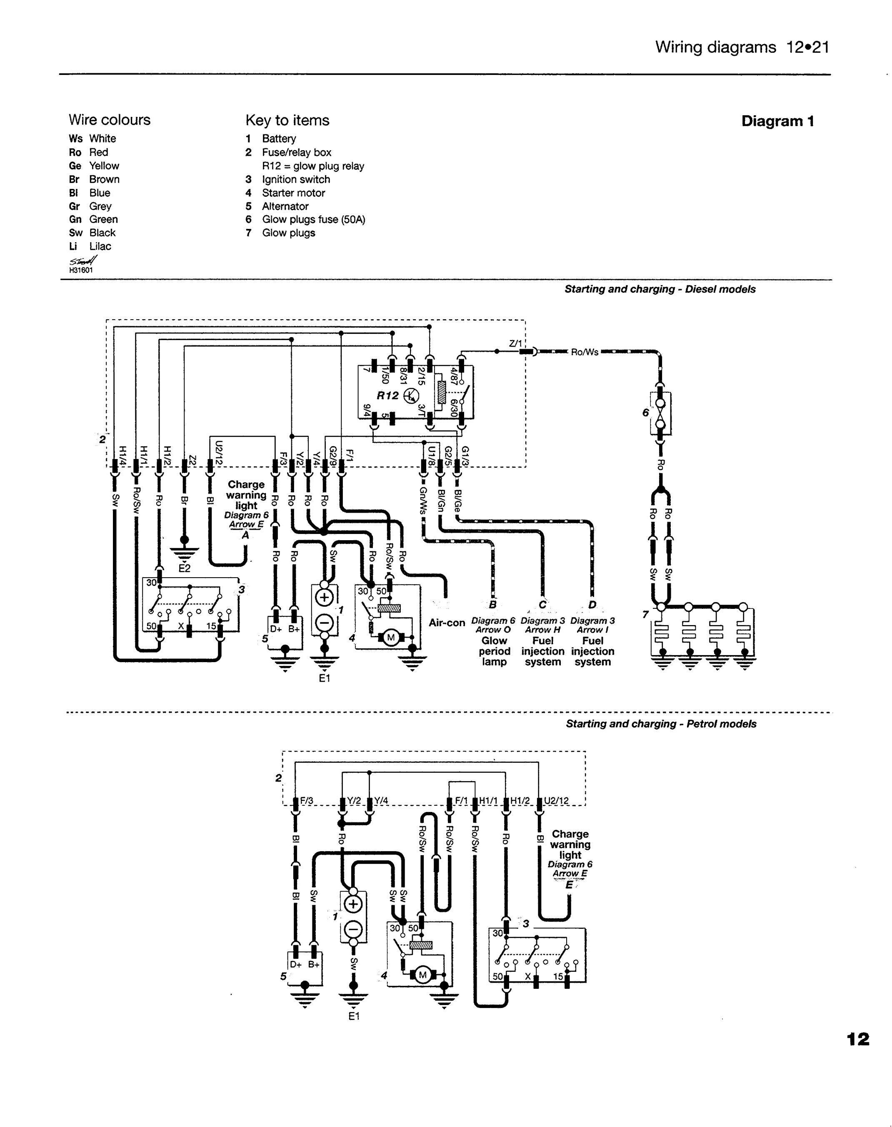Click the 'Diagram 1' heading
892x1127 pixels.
(777, 122)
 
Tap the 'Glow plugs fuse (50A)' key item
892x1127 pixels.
(313, 220)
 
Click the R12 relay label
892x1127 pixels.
(388, 395)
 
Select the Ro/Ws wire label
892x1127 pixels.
(585, 352)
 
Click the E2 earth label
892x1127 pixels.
(184, 568)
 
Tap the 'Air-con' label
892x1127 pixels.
(447, 623)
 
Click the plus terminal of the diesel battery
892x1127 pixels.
(324, 598)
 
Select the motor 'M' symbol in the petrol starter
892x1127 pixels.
(422, 975)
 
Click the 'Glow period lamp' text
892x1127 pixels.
(494, 651)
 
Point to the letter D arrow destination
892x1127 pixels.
(592, 605)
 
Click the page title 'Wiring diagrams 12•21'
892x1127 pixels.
(742, 47)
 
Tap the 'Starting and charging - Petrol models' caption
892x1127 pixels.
(661, 724)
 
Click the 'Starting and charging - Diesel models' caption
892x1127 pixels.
(660, 289)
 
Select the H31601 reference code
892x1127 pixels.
(81, 270)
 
